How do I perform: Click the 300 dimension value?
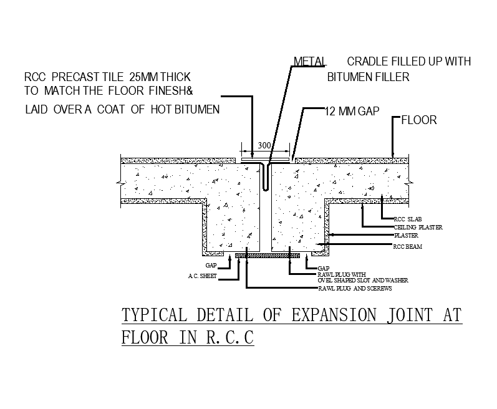[264, 145]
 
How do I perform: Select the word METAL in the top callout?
[308, 62]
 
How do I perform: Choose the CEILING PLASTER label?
[418, 228]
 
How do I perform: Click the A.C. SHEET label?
[202, 276]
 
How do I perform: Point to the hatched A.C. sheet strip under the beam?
[268, 255]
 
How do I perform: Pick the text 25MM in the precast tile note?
[145, 78]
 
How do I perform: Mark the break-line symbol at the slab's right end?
[410, 183]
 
